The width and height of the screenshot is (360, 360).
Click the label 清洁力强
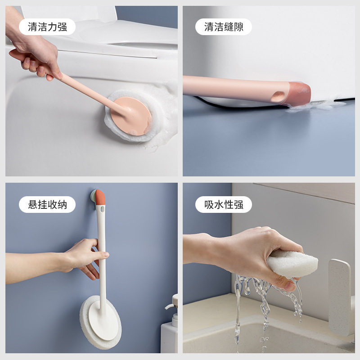point(47,27)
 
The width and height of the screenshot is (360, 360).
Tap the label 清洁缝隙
point(224,27)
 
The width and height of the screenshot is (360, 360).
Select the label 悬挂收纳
point(47,205)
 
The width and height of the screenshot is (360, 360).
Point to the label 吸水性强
point(224,205)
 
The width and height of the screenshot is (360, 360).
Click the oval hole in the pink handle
point(278,96)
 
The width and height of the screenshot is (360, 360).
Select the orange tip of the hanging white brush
point(100,197)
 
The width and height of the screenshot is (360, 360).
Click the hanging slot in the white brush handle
point(102,209)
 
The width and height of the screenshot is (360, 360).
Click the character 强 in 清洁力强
point(62,27)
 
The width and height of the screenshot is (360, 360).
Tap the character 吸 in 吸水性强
point(209,205)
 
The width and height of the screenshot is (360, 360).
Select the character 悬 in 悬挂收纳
point(32,205)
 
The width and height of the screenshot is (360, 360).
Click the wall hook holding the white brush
point(93,197)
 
